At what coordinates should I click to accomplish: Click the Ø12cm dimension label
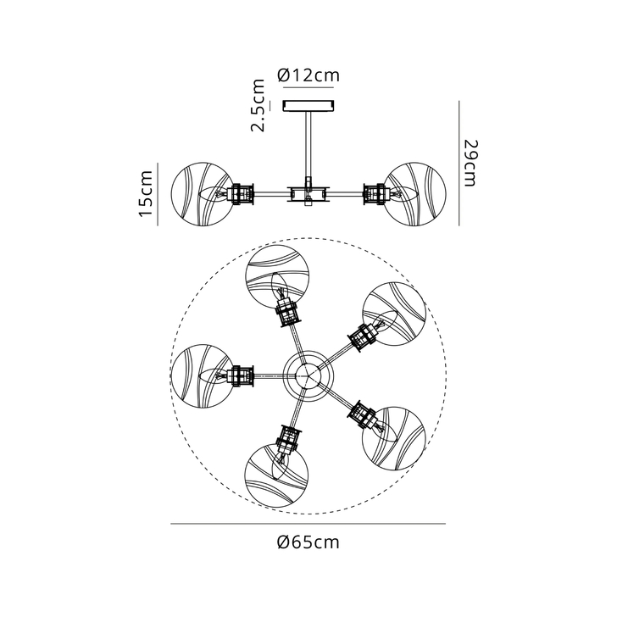[308, 75]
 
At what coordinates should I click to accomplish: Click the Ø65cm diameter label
[308, 542]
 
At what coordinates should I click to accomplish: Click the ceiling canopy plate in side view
[308, 106]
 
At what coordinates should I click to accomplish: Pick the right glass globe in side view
[414, 194]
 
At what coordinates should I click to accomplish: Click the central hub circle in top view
[308, 373]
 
